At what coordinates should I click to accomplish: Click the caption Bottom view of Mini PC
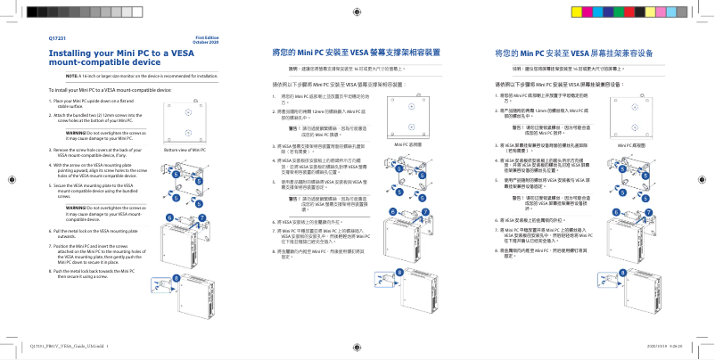coord(185,150)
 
